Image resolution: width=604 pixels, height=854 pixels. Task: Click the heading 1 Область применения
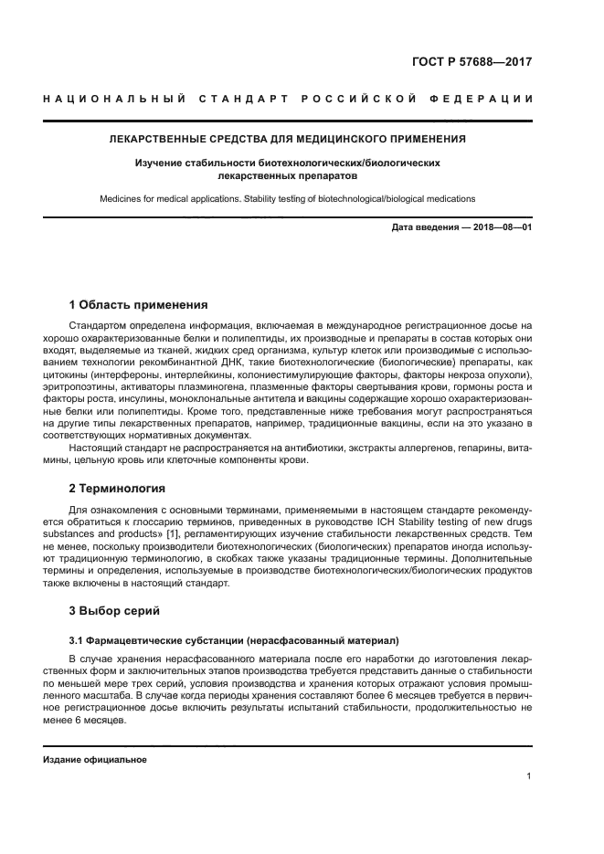pyautogui.click(x=139, y=305)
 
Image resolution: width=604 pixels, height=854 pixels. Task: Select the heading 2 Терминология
pyautogui.click(x=117, y=489)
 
